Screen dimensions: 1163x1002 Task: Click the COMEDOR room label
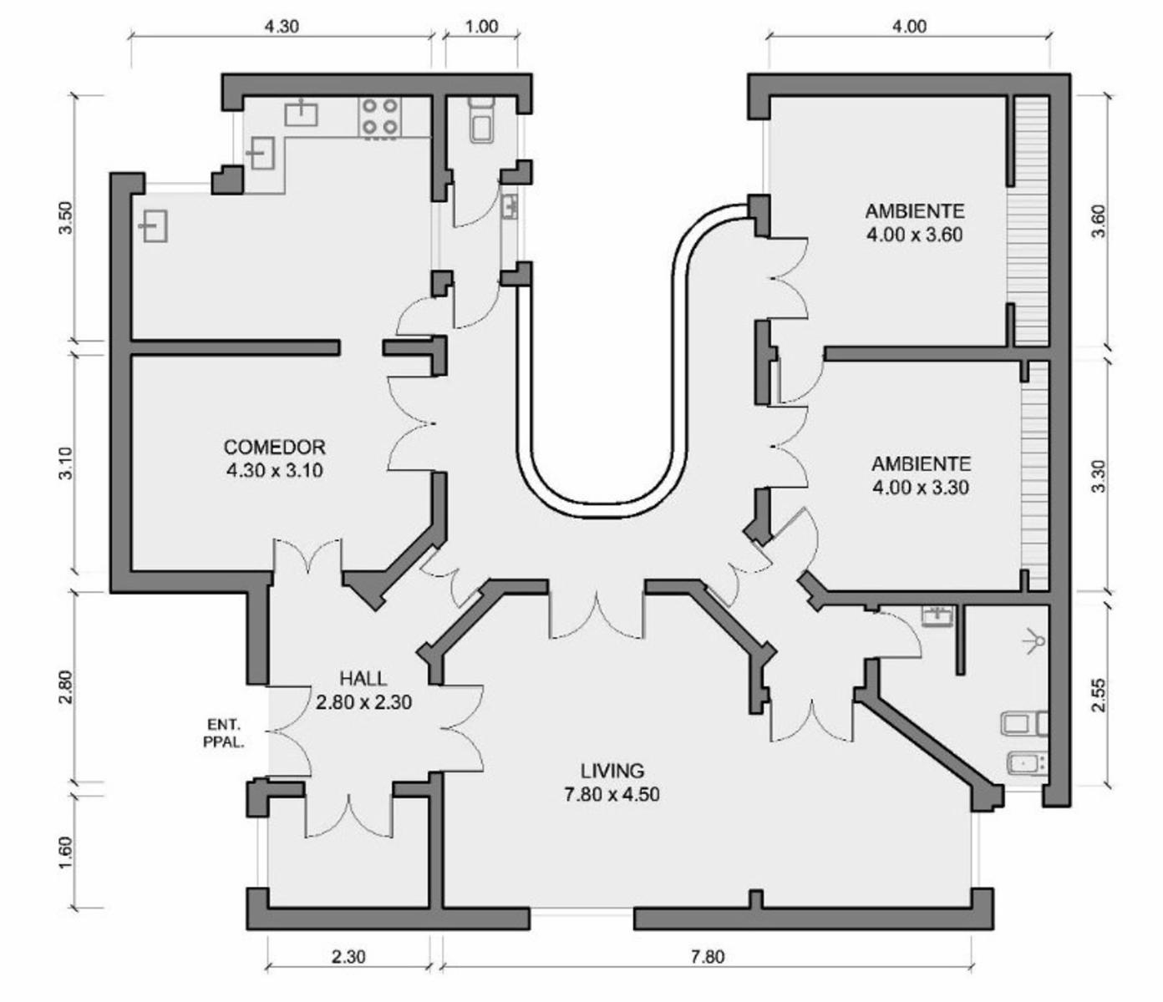[x=275, y=458]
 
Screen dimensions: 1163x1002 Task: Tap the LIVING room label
[x=612, y=782]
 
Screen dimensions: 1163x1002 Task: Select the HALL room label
[x=363, y=690]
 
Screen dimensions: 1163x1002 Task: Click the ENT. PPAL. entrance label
[x=223, y=732]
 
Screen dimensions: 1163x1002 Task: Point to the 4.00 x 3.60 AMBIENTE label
[x=914, y=223]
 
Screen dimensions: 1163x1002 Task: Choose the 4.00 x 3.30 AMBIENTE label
[x=921, y=475]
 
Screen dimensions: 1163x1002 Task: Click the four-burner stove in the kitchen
[x=379, y=118]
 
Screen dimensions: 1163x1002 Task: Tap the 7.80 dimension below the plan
[x=708, y=956]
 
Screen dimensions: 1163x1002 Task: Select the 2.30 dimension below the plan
[x=348, y=956]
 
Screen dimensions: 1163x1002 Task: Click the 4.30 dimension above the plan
[x=282, y=27]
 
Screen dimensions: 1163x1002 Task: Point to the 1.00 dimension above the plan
[x=482, y=27]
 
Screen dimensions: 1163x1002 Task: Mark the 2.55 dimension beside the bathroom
[x=1099, y=696]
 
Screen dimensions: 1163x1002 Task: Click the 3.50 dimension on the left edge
[x=66, y=217]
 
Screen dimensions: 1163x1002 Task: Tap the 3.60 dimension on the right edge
[x=1099, y=221]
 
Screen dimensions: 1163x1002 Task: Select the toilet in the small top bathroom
[x=482, y=118]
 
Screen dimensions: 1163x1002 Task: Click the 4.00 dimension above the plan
[x=909, y=27]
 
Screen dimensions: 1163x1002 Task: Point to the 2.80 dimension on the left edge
[x=66, y=686]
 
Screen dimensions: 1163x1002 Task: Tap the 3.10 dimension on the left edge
[x=66, y=463]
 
